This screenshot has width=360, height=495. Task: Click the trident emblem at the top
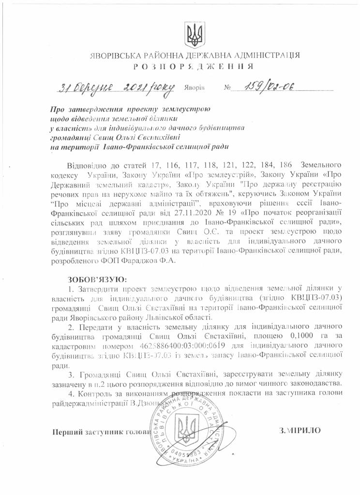point(195,33)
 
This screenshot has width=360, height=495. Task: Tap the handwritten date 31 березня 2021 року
point(117,87)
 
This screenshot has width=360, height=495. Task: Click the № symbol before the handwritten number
point(227,89)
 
